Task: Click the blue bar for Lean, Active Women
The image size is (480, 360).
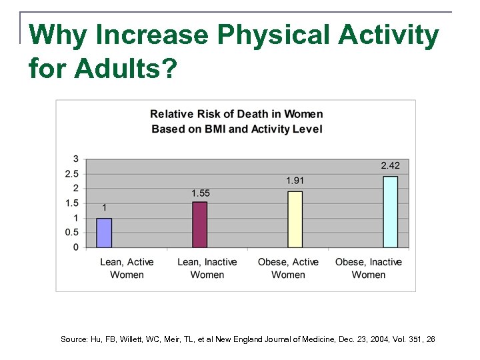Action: (x=104, y=233)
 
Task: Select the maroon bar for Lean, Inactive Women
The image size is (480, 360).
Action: (x=200, y=225)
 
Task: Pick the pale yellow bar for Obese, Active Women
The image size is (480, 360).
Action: (x=295, y=219)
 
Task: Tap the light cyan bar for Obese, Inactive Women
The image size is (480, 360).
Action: (x=390, y=212)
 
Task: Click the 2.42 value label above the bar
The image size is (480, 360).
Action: (x=391, y=165)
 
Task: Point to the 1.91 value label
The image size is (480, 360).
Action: (x=295, y=180)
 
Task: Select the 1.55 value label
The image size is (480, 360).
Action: (x=201, y=193)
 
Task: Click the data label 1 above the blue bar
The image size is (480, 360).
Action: (x=104, y=207)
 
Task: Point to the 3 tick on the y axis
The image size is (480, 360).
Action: (x=76, y=159)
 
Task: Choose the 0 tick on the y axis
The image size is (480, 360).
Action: (x=76, y=247)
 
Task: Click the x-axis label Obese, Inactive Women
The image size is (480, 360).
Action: (x=369, y=268)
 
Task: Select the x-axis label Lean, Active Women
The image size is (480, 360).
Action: (x=127, y=268)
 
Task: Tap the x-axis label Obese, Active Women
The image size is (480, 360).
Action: (x=288, y=268)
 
